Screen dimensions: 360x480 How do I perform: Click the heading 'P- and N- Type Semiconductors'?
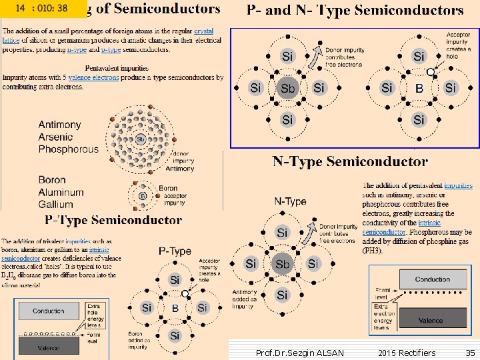(355, 10)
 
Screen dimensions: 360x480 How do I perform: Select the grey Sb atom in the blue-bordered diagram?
(287, 88)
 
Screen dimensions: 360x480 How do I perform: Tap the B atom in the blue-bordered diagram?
(419, 88)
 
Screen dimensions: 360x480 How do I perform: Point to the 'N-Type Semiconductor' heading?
(350, 161)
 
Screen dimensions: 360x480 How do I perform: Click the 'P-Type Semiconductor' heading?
(113, 219)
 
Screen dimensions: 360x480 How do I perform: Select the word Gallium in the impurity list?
(56, 204)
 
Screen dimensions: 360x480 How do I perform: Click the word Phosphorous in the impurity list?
(68, 149)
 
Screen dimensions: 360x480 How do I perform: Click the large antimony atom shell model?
(141, 139)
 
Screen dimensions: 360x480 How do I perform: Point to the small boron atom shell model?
(142, 195)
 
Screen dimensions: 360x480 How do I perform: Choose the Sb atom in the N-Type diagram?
(283, 264)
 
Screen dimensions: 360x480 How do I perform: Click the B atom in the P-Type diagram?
(175, 308)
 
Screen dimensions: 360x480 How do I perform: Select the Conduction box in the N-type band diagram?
(432, 279)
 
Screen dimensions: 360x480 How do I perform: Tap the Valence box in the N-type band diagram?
(431, 321)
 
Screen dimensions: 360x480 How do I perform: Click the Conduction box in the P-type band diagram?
(49, 311)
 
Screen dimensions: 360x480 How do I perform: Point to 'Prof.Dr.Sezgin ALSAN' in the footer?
(300, 353)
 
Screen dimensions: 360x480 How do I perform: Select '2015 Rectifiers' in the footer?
(406, 353)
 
